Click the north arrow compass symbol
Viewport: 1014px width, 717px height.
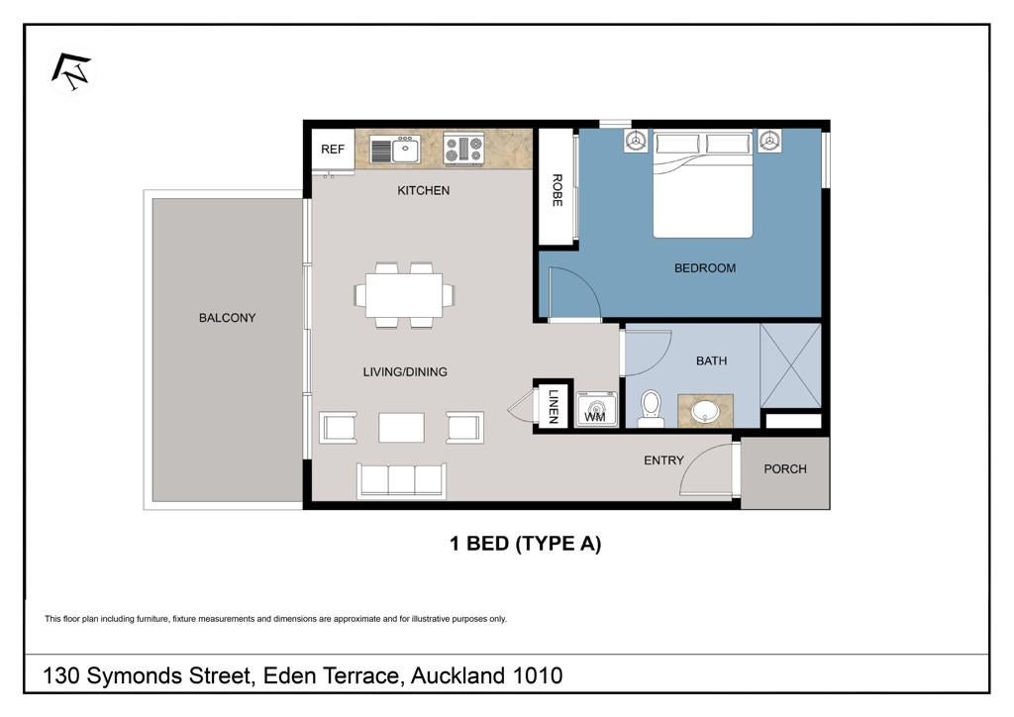click(x=71, y=71)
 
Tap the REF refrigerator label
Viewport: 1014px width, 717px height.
click(x=333, y=150)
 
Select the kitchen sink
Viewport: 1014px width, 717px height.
click(x=395, y=150)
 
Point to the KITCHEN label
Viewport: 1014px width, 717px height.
click(x=424, y=191)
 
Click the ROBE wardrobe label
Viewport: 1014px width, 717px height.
click(x=557, y=190)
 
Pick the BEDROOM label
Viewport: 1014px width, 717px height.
click(x=705, y=268)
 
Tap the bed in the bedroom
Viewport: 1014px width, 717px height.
click(x=703, y=184)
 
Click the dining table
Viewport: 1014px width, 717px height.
click(x=404, y=295)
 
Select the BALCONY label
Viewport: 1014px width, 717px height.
click(x=227, y=318)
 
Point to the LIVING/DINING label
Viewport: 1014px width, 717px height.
click(x=405, y=372)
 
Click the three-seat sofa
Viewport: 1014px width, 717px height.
click(x=401, y=480)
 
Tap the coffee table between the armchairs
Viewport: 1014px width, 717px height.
click(x=401, y=428)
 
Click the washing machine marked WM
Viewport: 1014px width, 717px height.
click(x=596, y=409)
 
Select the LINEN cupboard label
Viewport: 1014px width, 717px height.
click(x=553, y=406)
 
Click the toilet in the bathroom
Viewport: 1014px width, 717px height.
click(x=651, y=409)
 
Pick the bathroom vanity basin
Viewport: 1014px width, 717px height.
click(x=705, y=411)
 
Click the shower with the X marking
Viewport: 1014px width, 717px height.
click(x=790, y=366)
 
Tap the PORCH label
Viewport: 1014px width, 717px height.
click(x=785, y=469)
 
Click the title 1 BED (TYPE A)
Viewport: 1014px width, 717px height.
click(x=525, y=544)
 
